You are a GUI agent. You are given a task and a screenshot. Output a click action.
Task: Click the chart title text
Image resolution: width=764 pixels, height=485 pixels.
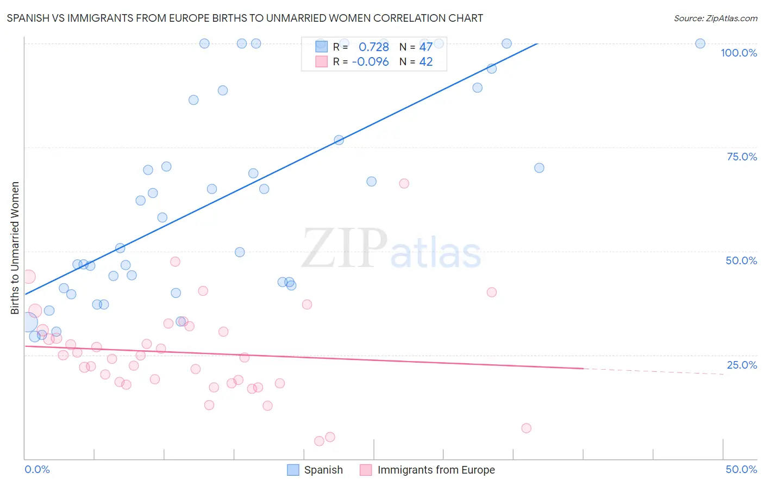pyautogui.click(x=245, y=18)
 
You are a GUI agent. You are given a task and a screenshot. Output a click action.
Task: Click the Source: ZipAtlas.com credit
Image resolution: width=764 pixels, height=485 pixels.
pyautogui.click(x=715, y=18)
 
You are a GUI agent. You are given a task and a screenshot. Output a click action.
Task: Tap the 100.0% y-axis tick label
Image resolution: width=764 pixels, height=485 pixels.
pyautogui.click(x=738, y=53)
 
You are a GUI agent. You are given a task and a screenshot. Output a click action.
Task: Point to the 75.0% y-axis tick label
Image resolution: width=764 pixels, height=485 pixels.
pyautogui.click(x=742, y=157)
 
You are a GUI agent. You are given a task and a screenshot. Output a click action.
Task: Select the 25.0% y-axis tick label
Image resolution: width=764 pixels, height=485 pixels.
pyautogui.click(x=742, y=365)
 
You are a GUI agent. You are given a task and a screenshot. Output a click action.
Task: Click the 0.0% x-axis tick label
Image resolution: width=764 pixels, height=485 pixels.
pyautogui.click(x=37, y=469)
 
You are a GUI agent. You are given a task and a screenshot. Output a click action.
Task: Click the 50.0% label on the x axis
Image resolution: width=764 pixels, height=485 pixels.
pyautogui.click(x=741, y=469)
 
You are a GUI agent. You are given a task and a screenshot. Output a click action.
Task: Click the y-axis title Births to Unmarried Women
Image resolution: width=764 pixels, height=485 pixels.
pyautogui.click(x=15, y=248)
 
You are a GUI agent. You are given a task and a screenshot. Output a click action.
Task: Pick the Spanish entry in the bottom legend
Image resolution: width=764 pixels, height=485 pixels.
pyautogui.click(x=315, y=470)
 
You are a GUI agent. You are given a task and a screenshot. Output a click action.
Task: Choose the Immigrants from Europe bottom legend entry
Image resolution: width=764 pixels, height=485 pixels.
pyautogui.click(x=428, y=470)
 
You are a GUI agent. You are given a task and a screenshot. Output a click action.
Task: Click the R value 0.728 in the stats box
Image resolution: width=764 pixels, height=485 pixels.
pyautogui.click(x=373, y=47)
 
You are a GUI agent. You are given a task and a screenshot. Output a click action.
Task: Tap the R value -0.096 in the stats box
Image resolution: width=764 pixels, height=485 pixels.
pyautogui.click(x=370, y=62)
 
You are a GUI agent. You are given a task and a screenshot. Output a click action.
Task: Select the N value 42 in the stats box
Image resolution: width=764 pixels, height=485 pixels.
pyautogui.click(x=426, y=62)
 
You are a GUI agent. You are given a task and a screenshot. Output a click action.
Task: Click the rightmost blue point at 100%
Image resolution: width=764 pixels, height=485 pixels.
pyautogui.click(x=700, y=43)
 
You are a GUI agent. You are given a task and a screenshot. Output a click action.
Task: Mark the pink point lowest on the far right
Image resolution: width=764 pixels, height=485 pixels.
pyautogui.click(x=526, y=428)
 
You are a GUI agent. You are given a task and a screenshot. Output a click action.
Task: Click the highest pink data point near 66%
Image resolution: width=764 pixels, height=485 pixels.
pyautogui.click(x=404, y=183)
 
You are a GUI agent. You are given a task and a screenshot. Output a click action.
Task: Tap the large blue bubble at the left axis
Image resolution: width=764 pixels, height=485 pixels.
pyautogui.click(x=28, y=322)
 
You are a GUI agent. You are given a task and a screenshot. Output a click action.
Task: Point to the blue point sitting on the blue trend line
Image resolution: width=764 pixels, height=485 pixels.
pyautogui.click(x=339, y=140)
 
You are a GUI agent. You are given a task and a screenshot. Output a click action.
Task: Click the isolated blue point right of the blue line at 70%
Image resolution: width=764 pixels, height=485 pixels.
pyautogui.click(x=539, y=168)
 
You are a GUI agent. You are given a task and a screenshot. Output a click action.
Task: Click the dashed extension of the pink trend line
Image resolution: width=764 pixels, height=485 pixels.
pyautogui.click(x=652, y=371)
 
